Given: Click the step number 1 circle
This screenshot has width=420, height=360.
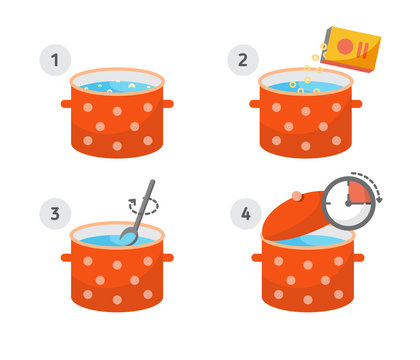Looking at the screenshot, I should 54,61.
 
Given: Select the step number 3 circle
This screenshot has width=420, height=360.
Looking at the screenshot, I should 54,213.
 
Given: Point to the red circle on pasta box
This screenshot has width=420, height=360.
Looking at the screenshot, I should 345,46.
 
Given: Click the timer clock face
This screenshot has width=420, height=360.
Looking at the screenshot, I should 349,202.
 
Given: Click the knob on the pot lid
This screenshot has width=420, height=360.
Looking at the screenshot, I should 296,196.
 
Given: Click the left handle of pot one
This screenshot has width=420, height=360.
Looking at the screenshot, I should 66,104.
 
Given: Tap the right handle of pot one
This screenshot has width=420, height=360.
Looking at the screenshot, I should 168,104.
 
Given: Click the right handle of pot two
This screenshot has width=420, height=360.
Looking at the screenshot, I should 355,104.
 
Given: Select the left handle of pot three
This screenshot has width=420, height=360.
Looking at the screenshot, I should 66,257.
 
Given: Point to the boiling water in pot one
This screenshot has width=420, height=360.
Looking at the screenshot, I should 117,87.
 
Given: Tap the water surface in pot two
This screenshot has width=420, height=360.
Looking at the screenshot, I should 304,88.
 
